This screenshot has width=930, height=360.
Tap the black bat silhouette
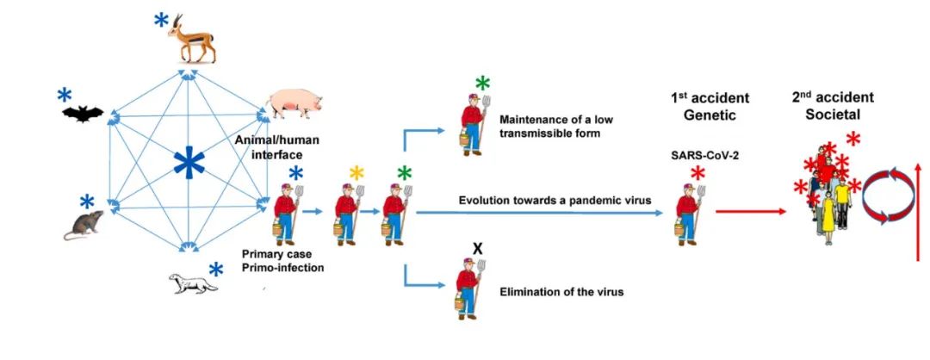pos(83,113)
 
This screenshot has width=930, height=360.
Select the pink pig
pos(294,104)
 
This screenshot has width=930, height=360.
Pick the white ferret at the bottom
pos(189,282)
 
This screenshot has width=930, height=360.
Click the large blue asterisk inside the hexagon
pos(185,163)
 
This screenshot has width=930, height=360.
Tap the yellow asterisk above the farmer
pos(356,174)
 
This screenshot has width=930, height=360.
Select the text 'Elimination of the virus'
pos(561,292)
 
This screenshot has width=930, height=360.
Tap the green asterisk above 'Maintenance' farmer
pos(482,84)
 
